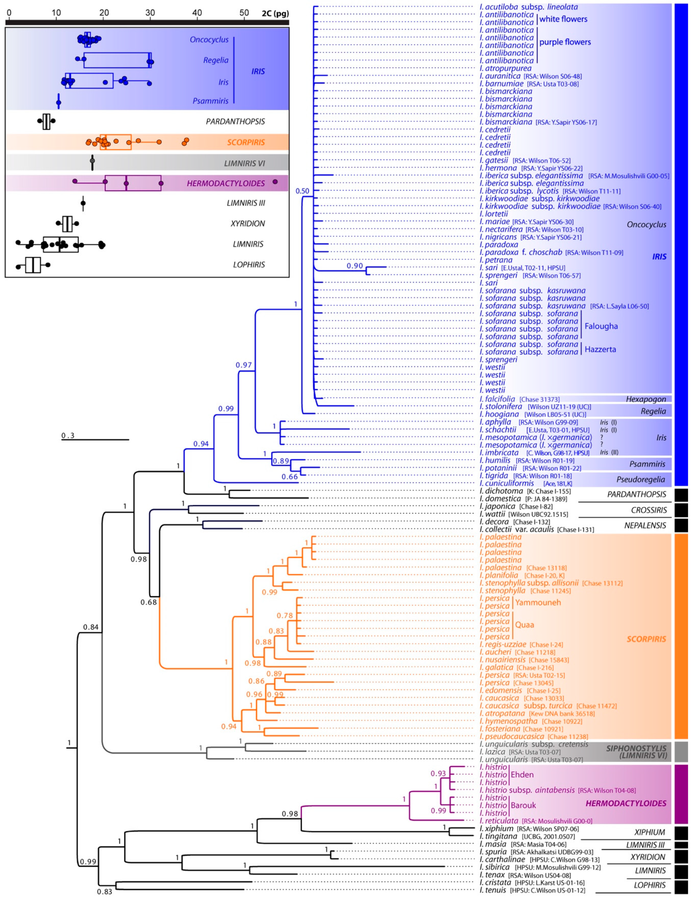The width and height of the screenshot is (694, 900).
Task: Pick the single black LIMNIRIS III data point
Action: (x=83, y=203)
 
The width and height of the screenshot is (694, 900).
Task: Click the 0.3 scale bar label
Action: (x=68, y=435)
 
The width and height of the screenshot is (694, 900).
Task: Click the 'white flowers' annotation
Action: (x=563, y=19)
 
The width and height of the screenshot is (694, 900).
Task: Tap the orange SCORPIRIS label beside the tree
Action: (x=646, y=639)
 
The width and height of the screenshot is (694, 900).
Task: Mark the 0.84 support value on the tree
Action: (x=91, y=627)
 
